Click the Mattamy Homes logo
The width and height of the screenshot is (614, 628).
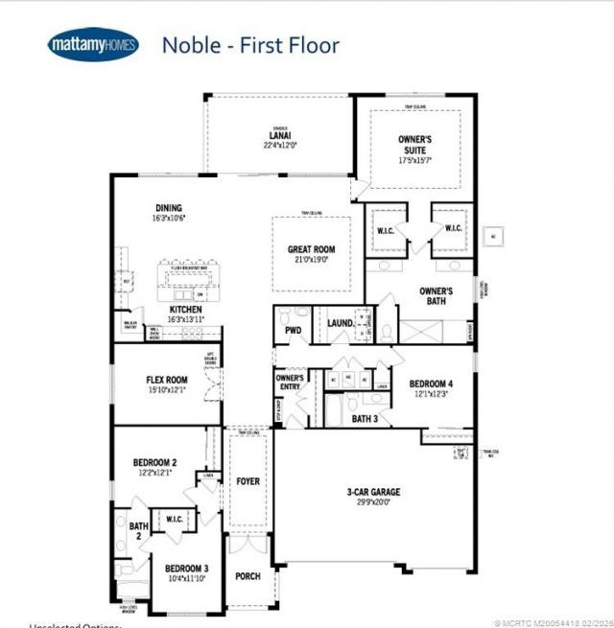click(x=92, y=44)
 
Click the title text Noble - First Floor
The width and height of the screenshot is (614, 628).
click(x=249, y=44)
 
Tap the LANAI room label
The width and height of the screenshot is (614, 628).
click(x=279, y=135)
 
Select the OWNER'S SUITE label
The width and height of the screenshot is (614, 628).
click(x=414, y=145)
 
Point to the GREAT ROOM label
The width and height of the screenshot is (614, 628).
click(x=311, y=249)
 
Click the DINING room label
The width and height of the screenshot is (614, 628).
click(x=168, y=208)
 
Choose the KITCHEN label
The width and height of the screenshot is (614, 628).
click(x=185, y=312)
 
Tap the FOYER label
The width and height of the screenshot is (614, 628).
click(x=248, y=481)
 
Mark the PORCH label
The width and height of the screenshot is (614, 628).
click(x=248, y=577)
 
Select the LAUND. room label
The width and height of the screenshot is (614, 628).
click(x=340, y=324)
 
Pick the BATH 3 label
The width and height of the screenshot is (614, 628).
click(x=364, y=418)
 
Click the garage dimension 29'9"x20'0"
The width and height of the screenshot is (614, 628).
click(x=373, y=503)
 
